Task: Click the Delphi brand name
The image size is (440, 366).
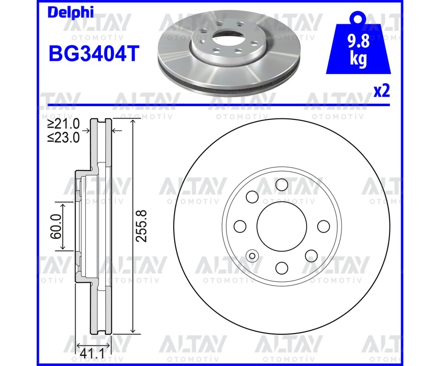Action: click(x=71, y=13)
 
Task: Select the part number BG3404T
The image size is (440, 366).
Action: click(x=94, y=54)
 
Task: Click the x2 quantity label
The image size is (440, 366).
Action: click(x=382, y=91)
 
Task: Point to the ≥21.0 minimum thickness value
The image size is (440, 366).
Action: click(x=64, y=124)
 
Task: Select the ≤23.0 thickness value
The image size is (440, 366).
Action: click(x=64, y=137)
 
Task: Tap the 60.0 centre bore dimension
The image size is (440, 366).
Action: click(x=56, y=226)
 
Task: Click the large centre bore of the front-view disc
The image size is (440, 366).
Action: click(x=282, y=226)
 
